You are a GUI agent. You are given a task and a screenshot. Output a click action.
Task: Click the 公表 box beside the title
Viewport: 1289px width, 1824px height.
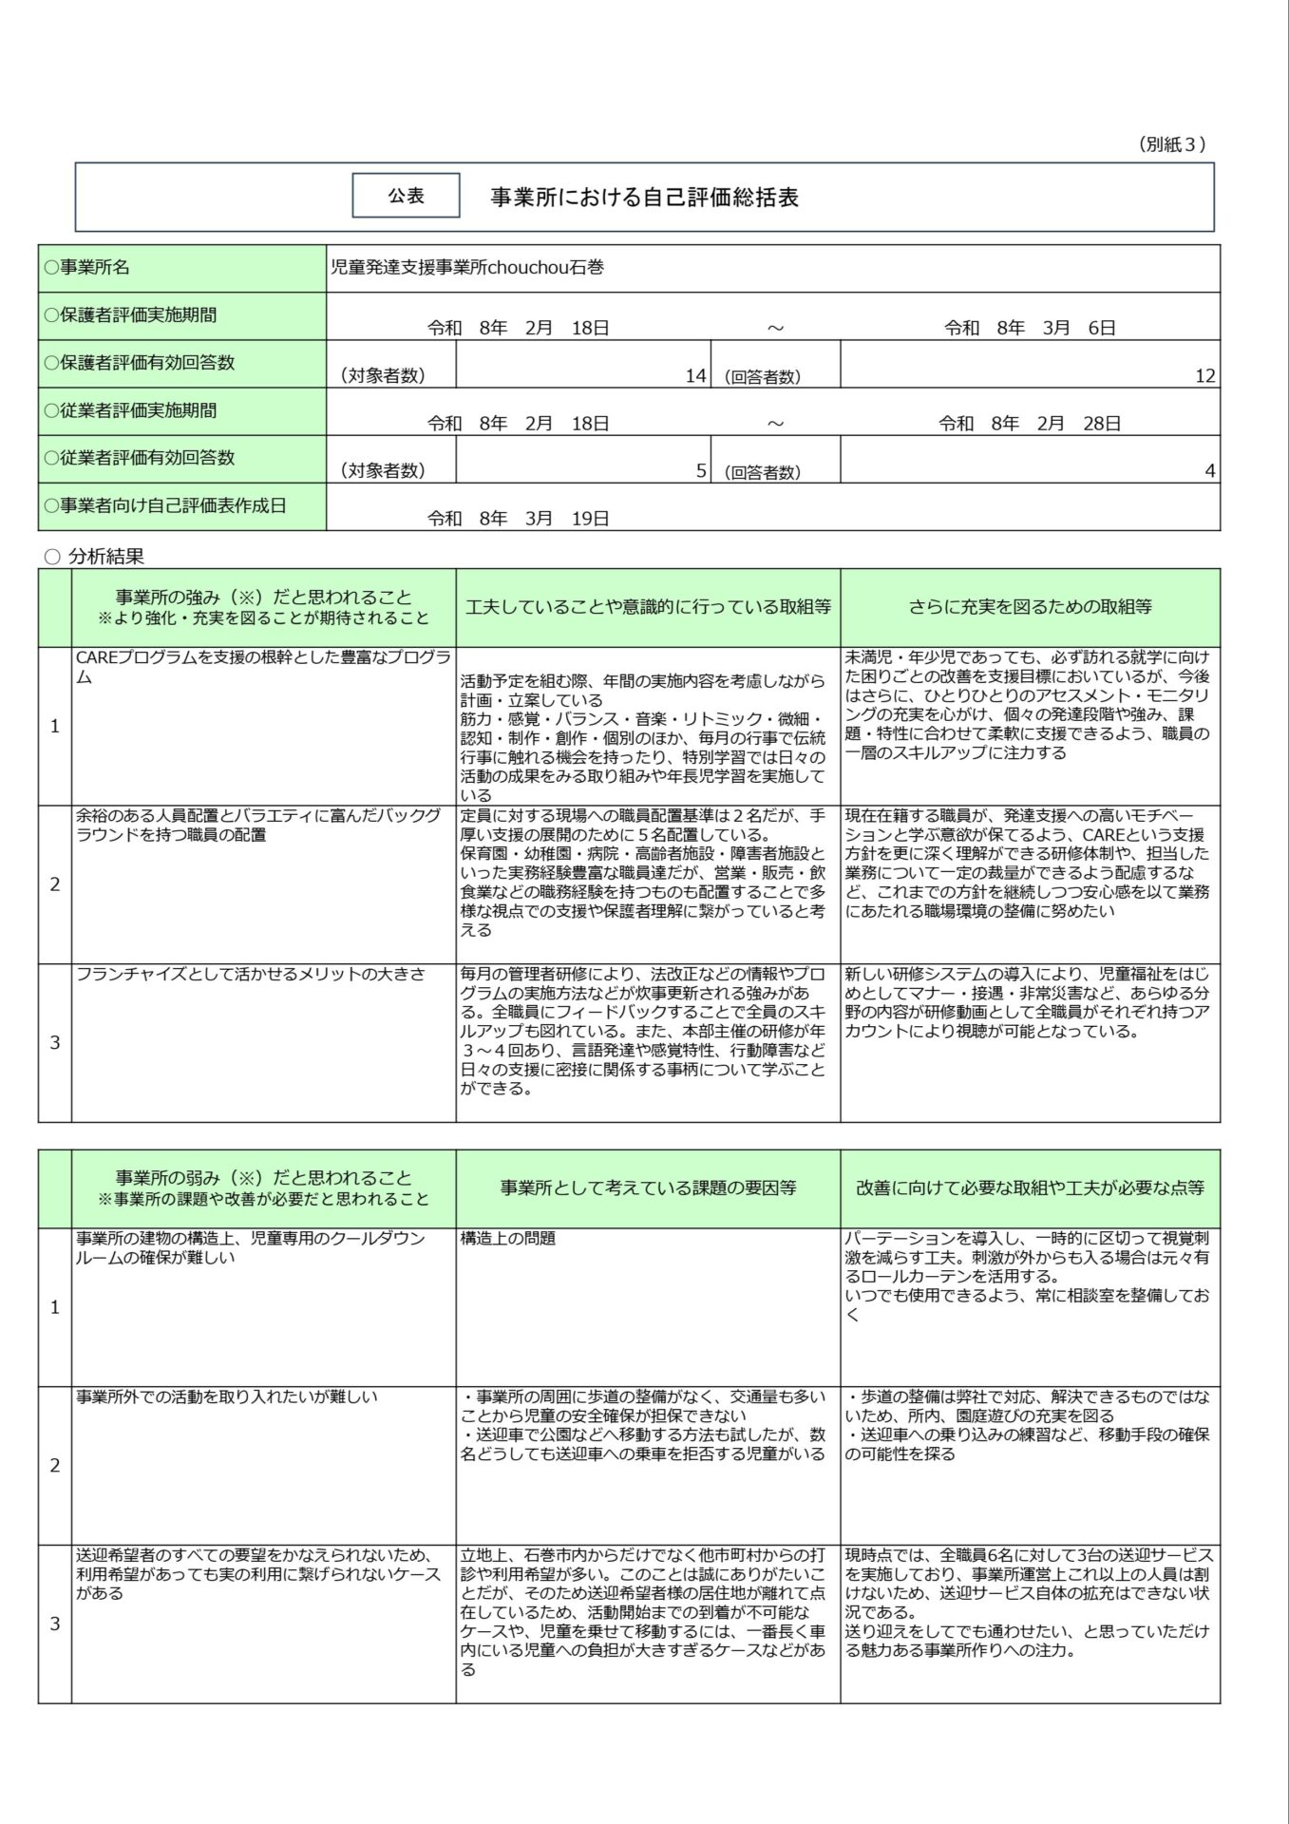point(406,196)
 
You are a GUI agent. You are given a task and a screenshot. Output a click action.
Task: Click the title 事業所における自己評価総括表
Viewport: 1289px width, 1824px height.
point(644,198)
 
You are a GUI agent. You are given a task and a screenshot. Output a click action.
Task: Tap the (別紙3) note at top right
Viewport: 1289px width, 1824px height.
point(1171,144)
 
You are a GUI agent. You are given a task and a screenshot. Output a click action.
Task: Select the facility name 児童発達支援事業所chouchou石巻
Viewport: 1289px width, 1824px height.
point(466,268)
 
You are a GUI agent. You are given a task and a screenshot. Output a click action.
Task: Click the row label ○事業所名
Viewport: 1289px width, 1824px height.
point(86,268)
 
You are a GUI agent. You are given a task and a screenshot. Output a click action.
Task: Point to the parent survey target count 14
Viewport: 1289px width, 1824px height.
point(695,376)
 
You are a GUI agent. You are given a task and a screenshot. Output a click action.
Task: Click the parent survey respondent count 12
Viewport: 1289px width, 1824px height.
point(1204,376)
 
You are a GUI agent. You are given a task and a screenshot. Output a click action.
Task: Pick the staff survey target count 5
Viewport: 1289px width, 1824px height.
point(701,471)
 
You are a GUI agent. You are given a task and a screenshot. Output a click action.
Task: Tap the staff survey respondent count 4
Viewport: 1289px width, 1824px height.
point(1209,471)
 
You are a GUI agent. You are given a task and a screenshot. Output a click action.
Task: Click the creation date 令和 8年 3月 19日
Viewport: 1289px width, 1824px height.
point(518,519)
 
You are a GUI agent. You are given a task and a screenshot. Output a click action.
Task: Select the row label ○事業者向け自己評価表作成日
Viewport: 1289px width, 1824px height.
point(164,506)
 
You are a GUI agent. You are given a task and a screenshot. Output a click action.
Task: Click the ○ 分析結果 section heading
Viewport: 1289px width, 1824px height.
point(95,557)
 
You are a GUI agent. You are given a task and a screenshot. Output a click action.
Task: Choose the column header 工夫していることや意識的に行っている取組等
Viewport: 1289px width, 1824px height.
point(648,607)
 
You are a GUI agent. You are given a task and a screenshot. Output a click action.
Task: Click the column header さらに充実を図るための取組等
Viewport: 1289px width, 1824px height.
point(1030,607)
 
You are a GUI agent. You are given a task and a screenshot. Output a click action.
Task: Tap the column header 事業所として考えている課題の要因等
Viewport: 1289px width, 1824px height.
point(648,1187)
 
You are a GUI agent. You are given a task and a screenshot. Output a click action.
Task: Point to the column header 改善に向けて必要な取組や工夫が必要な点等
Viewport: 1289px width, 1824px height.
point(1030,1187)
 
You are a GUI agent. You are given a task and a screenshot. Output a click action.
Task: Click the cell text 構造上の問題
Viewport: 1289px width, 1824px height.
point(507,1239)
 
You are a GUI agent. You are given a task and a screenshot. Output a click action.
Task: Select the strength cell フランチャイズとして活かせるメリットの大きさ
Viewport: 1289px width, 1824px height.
point(251,975)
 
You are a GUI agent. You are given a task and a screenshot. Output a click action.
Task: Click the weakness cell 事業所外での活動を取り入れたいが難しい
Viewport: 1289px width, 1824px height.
point(227,1396)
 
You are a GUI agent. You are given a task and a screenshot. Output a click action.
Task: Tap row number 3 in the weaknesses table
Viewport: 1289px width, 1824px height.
point(54,1624)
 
